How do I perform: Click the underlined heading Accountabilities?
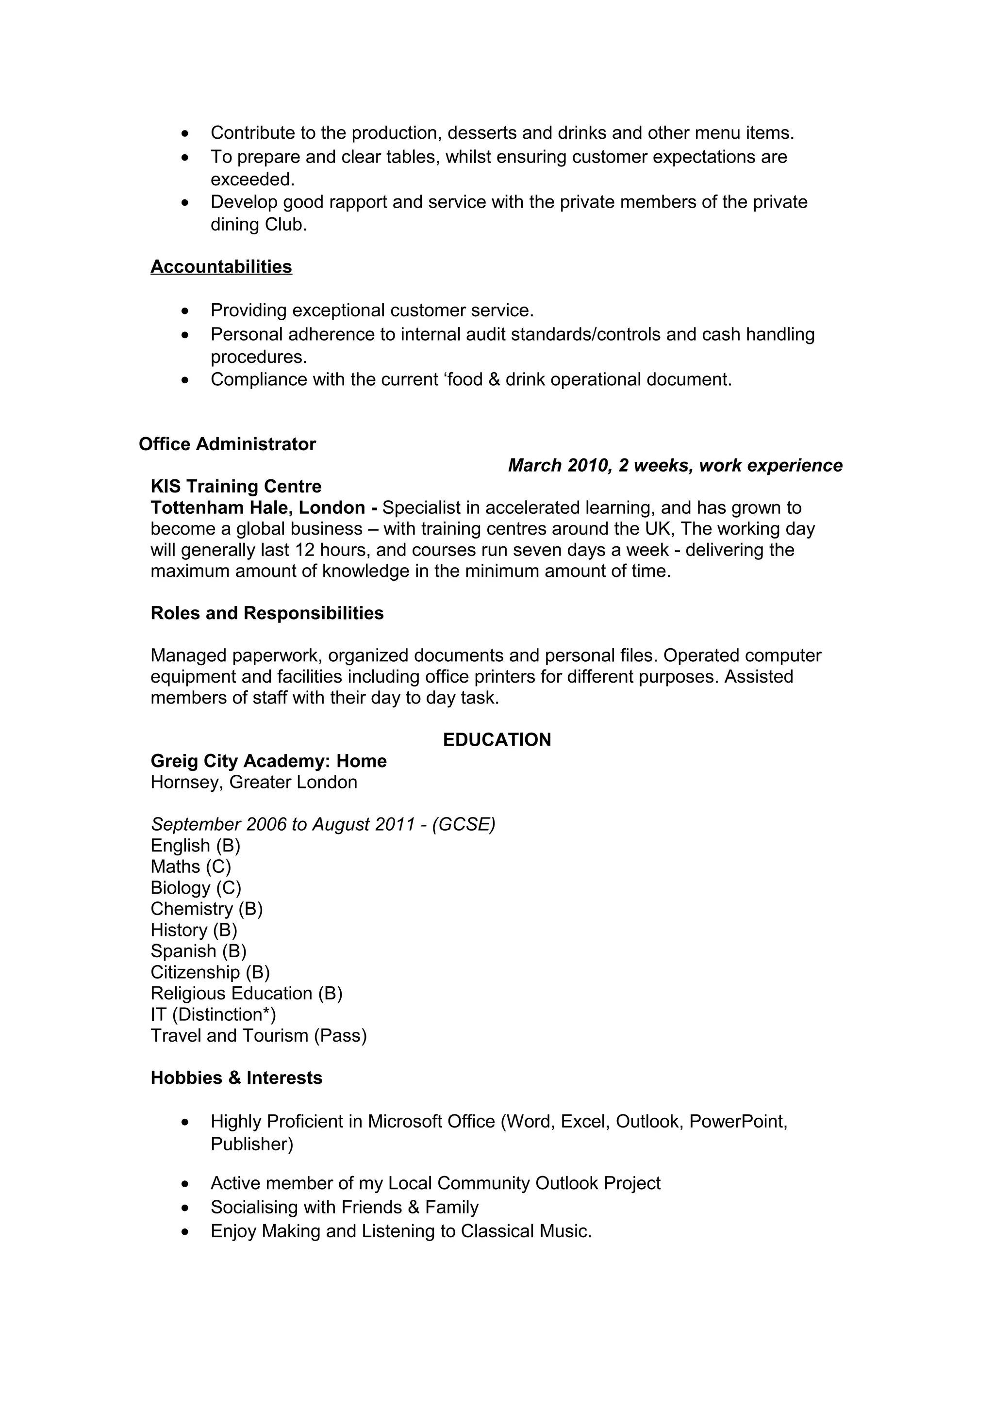221,266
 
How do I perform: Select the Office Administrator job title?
227,444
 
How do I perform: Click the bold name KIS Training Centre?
236,486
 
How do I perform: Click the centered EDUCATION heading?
497,740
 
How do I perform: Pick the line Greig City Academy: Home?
268,761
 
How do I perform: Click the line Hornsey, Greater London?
253,782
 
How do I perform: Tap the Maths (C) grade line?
190,866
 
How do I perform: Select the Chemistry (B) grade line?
206,909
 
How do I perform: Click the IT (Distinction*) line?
213,1014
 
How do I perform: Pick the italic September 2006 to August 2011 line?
323,824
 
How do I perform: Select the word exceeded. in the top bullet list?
252,180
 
